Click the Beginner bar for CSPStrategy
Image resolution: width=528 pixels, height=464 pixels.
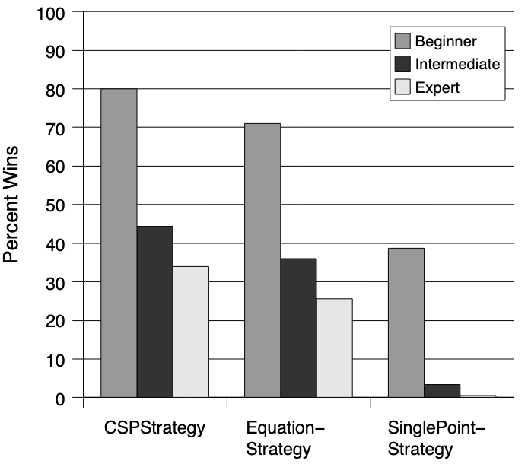click(119, 243)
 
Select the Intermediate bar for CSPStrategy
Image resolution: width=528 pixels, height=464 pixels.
click(154, 312)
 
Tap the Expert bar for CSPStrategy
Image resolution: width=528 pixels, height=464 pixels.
click(190, 332)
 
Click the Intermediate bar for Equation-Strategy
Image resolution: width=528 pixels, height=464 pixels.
click(298, 328)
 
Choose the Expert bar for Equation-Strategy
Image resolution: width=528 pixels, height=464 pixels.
click(334, 348)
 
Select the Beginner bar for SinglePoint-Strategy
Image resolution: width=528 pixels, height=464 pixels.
click(406, 323)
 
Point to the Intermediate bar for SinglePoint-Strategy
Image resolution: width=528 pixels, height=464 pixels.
click(442, 390)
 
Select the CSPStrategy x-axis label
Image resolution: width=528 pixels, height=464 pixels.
click(154, 427)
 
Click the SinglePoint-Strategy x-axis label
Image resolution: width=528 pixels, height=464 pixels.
click(431, 438)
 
